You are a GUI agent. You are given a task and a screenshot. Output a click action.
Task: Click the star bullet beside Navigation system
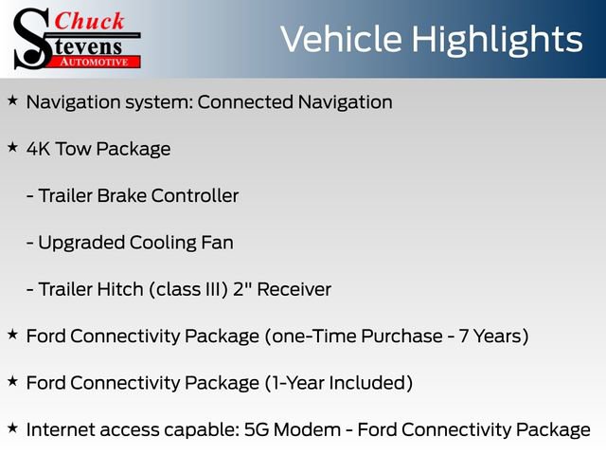[x=12, y=100]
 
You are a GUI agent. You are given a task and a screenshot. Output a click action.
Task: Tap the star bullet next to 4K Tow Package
[x=12, y=147]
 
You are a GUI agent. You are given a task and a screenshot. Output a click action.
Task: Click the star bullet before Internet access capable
[x=12, y=428]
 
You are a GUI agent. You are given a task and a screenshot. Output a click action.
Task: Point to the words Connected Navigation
[x=294, y=102]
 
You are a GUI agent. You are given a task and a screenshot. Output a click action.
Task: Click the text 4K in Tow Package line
[x=40, y=149]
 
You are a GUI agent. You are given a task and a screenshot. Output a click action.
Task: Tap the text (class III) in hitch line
[x=187, y=290]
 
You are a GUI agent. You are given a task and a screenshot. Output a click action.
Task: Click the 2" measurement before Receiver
[x=241, y=289]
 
